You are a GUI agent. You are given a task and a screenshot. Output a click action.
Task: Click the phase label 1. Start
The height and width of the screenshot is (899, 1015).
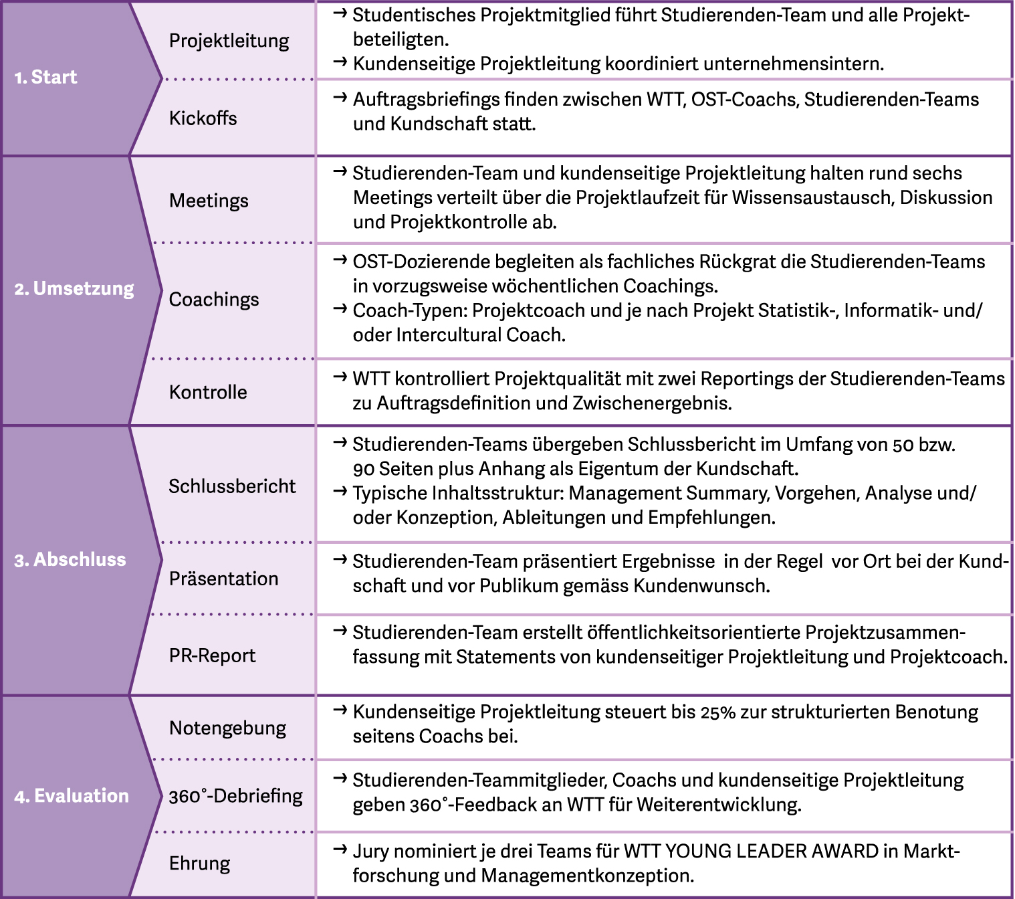[45, 78]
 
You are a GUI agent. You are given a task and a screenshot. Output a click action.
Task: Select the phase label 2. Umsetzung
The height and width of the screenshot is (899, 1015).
[74, 289]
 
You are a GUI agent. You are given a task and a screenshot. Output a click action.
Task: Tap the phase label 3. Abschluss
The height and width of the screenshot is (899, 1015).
[70, 560]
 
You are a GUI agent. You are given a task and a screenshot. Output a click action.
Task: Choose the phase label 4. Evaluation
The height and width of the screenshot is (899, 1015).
[72, 796]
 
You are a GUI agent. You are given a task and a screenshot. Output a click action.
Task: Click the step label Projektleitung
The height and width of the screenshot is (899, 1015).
[229, 41]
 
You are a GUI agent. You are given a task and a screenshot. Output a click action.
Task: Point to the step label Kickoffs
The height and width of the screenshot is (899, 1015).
[203, 118]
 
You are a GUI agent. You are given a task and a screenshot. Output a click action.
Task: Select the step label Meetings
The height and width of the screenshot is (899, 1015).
[209, 201]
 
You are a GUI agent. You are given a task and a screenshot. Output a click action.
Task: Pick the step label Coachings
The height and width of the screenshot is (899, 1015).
[213, 300]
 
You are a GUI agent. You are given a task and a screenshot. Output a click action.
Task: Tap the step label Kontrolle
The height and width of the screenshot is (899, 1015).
[208, 392]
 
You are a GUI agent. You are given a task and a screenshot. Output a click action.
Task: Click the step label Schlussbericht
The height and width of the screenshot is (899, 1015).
[231, 486]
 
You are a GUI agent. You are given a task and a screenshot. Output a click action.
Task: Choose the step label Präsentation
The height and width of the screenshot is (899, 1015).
[223, 579]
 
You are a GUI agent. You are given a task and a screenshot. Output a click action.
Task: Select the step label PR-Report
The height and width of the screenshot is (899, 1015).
[212, 656]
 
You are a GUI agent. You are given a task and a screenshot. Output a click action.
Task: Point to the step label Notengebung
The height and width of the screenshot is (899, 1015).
[227, 728]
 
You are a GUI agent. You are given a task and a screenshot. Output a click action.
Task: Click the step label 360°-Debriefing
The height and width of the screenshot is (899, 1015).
[235, 796]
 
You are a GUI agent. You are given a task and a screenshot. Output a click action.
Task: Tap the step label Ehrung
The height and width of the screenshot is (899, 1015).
[199, 864]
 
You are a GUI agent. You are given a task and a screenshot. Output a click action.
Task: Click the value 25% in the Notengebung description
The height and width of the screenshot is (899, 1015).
[717, 713]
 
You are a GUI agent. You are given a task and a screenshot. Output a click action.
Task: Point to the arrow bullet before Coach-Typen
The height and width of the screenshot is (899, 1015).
[340, 310]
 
